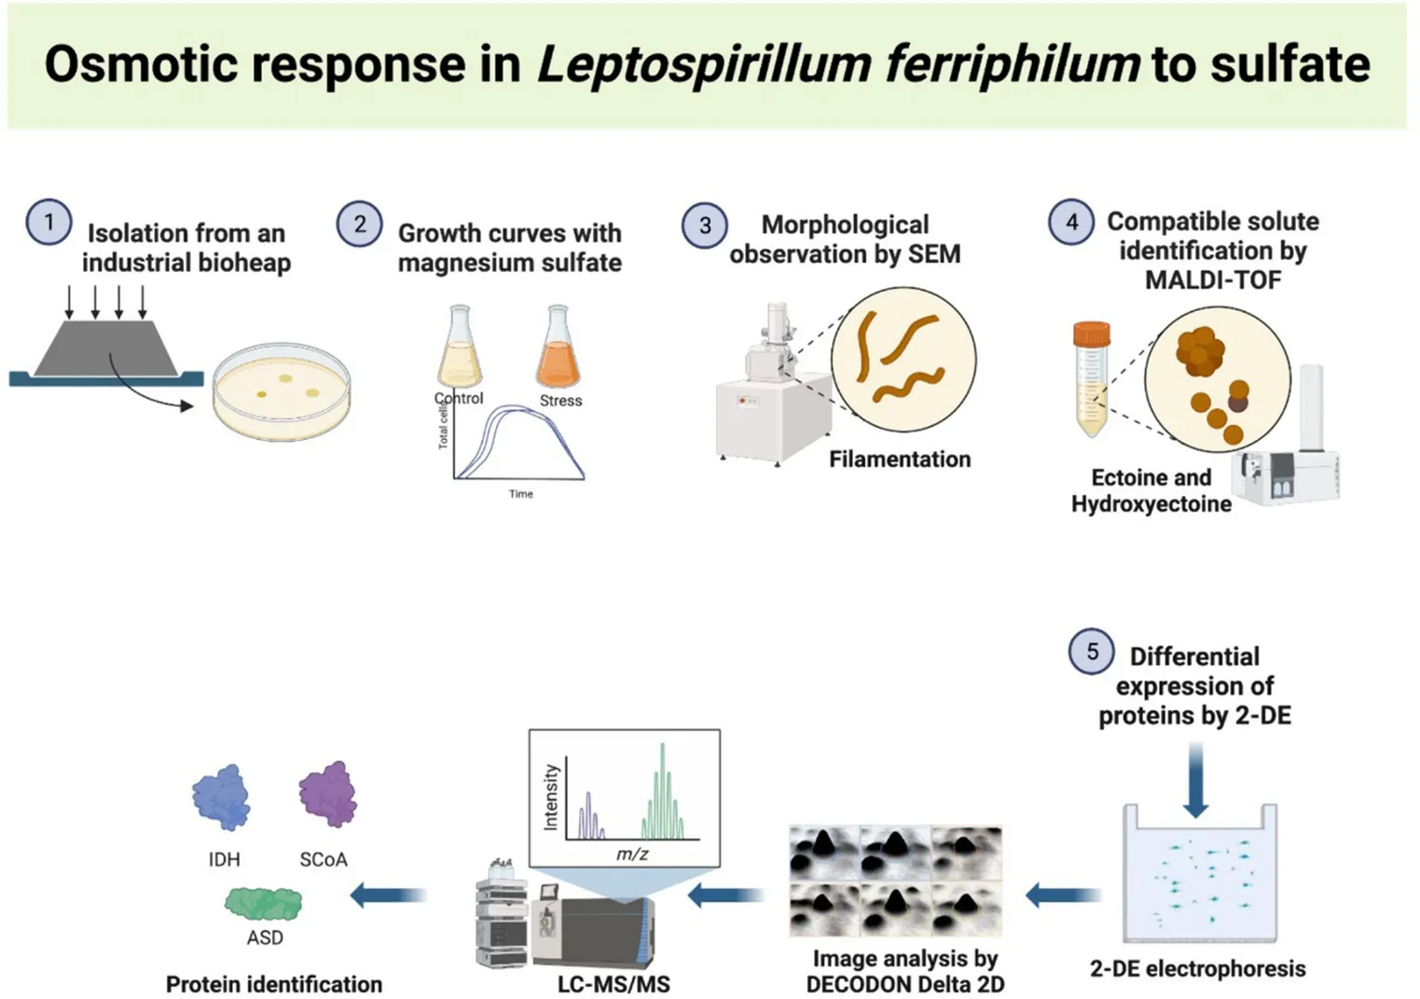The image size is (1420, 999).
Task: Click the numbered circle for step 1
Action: point(48,223)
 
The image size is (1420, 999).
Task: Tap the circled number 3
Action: point(704,226)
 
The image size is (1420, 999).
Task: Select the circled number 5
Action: point(1092,651)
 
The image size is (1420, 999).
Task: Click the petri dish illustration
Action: point(282,391)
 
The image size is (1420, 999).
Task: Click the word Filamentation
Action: point(900,458)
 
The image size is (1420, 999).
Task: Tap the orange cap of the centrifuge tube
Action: point(1092,335)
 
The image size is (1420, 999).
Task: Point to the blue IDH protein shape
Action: point(221,797)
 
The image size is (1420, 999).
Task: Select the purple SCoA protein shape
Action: point(328,794)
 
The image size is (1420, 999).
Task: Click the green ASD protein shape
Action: point(263,903)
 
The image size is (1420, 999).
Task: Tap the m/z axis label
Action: point(632,854)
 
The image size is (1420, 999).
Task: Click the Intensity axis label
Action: point(550,797)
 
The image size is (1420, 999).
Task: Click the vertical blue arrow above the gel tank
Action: point(1195,780)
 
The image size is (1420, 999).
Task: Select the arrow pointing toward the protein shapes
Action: point(389,896)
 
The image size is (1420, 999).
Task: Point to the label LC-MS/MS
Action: point(613,984)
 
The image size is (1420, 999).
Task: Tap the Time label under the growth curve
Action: point(520,494)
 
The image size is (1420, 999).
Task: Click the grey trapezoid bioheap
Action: point(106,348)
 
